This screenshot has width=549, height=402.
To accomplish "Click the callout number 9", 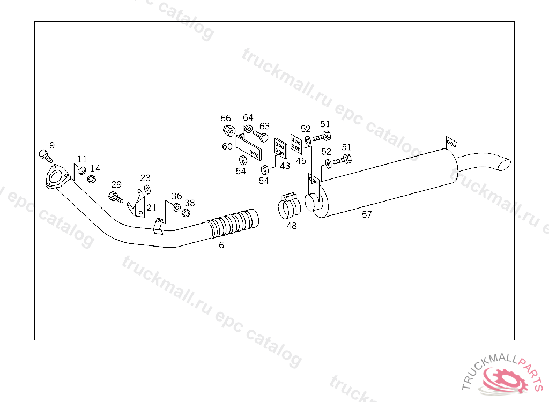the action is point(52,145).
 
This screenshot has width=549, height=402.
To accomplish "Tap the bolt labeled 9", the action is point(45,156).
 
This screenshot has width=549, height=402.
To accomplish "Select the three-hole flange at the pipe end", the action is point(56,177).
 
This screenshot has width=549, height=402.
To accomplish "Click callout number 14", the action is point(95,168).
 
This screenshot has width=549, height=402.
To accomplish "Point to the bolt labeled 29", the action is point(116,197).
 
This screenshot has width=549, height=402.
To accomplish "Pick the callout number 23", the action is point(145,178).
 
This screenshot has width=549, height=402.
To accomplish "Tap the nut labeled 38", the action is point(186,213).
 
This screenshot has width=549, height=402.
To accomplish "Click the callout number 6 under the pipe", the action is point(221,245).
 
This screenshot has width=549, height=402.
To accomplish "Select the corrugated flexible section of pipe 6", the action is point(233,224).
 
